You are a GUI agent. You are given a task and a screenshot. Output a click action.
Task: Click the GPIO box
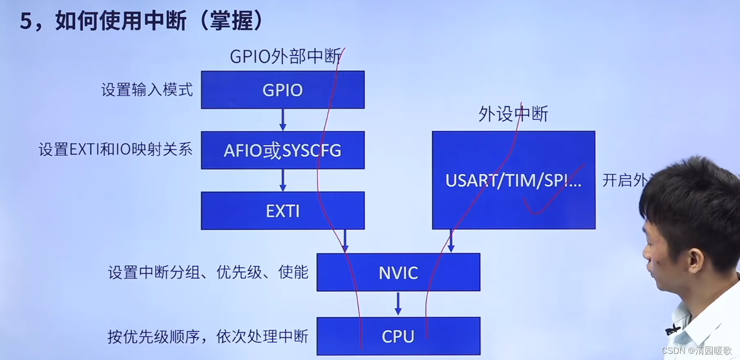click(282, 90)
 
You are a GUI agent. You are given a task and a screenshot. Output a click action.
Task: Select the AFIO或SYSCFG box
click(282, 150)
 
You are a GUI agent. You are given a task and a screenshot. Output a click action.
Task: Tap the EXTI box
click(282, 211)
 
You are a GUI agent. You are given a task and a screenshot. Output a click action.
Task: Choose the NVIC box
click(398, 272)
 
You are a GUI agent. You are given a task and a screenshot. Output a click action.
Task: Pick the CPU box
click(398, 336)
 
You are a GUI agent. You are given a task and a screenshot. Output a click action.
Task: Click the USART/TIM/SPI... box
click(513, 180)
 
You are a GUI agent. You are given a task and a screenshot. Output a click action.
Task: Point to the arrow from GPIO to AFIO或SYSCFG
click(283, 119)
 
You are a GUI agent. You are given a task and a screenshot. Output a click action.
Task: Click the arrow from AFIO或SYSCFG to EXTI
click(283, 180)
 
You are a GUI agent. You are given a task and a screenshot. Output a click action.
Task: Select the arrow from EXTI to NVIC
click(345, 241)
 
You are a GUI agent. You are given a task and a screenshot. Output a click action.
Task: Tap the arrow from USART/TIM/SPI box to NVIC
click(451, 241)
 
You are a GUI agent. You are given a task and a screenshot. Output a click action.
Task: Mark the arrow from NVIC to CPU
click(398, 304)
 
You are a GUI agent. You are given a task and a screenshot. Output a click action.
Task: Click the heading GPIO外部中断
click(285, 57)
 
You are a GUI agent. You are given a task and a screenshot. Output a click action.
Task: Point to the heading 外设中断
click(513, 114)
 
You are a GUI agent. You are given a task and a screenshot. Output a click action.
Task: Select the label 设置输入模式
click(147, 90)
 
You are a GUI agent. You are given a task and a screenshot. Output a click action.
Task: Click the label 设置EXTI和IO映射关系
click(115, 150)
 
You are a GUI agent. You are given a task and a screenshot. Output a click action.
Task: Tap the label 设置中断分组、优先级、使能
click(208, 272)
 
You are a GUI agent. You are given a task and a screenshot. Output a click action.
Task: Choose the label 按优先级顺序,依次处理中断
click(208, 336)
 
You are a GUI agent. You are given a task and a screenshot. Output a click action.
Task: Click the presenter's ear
click(695, 261)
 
